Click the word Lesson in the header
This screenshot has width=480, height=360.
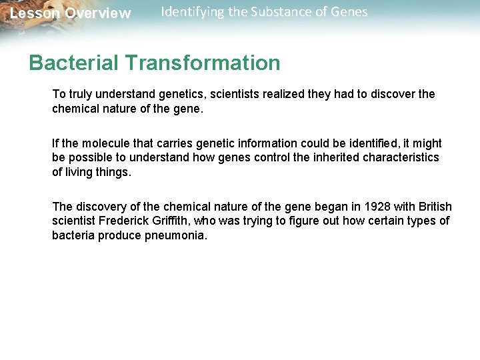tap(34, 14)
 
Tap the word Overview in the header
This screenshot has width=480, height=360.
tap(98, 14)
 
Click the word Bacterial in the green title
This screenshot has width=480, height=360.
tap(73, 63)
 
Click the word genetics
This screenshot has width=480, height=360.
tap(183, 94)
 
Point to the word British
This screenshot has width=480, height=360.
tap(434, 207)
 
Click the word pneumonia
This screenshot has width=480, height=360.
tap(176, 235)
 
